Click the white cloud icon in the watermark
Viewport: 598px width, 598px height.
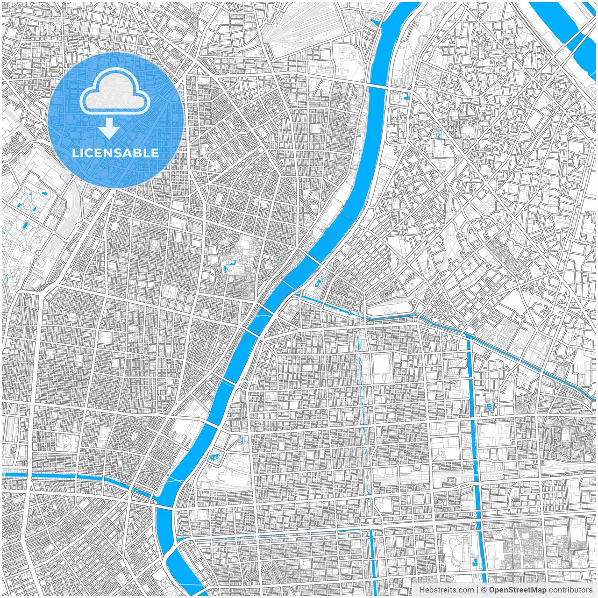tap(115, 93)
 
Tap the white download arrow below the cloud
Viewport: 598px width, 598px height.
tap(109, 128)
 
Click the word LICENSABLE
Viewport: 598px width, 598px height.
tap(115, 153)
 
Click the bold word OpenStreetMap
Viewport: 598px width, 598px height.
tap(518, 590)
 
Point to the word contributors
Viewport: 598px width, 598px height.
tap(570, 590)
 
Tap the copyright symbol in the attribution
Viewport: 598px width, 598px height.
tap(484, 590)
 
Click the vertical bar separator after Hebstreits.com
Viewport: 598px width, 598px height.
tap(477, 590)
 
